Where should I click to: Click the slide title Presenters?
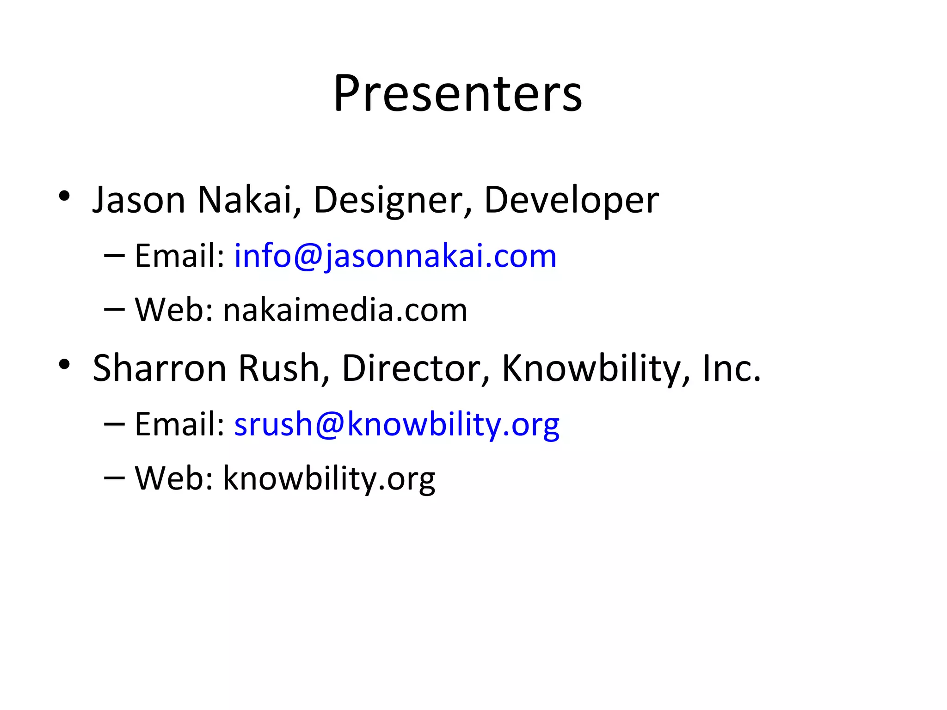pyautogui.click(x=457, y=93)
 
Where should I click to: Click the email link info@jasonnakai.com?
pyautogui.click(x=395, y=256)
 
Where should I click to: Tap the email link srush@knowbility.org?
pyautogui.click(x=397, y=424)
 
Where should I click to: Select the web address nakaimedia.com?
pyautogui.click(x=345, y=310)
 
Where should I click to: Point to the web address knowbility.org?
pyautogui.click(x=329, y=478)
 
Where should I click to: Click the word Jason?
pyautogui.click(x=139, y=200)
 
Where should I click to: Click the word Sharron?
pyautogui.click(x=160, y=368)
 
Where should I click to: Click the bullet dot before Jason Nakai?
pyautogui.click(x=64, y=196)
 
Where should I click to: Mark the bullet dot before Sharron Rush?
pyautogui.click(x=64, y=365)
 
